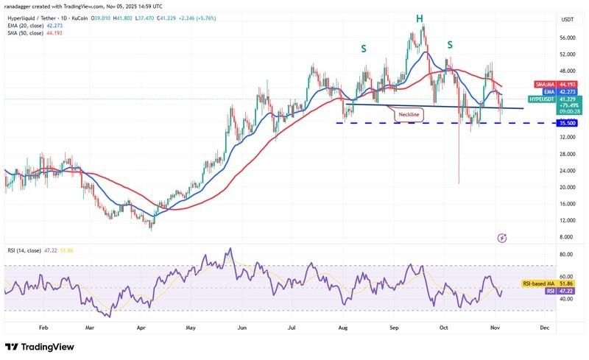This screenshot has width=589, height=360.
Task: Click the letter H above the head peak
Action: tap(419, 18)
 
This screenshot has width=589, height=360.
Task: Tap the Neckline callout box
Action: tap(410, 115)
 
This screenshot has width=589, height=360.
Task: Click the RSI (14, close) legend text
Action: tap(34, 250)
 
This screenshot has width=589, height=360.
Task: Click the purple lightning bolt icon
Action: tap(502, 238)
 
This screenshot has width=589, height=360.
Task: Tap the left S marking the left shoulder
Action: tap(363, 49)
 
